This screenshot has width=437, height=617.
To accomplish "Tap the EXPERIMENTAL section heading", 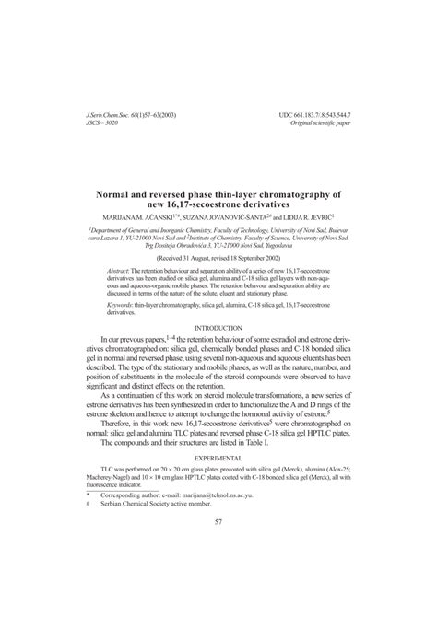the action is click(218, 457).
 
